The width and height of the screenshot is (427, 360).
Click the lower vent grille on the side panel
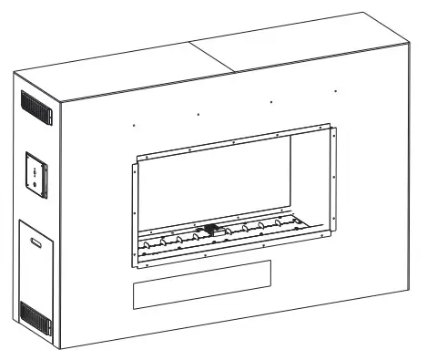[x=34, y=317]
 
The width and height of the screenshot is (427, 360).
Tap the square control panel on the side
[x=36, y=171]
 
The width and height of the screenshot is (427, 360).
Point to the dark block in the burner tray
[x=212, y=231]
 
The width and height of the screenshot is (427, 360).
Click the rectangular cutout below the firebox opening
[x=202, y=283]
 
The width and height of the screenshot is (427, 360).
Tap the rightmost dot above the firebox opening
[x=335, y=91]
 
